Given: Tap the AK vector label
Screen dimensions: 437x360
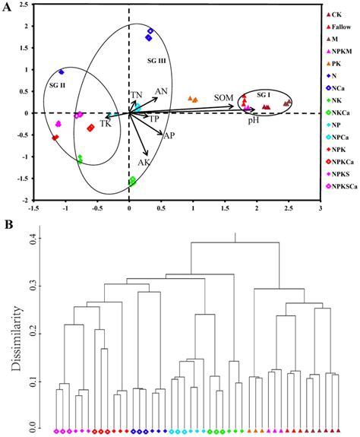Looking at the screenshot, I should pyautogui.click(x=144, y=163).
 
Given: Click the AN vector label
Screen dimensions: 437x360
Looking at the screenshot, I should pyautogui.click(x=161, y=91).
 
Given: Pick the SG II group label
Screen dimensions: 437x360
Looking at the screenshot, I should pyautogui.click(x=57, y=86).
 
